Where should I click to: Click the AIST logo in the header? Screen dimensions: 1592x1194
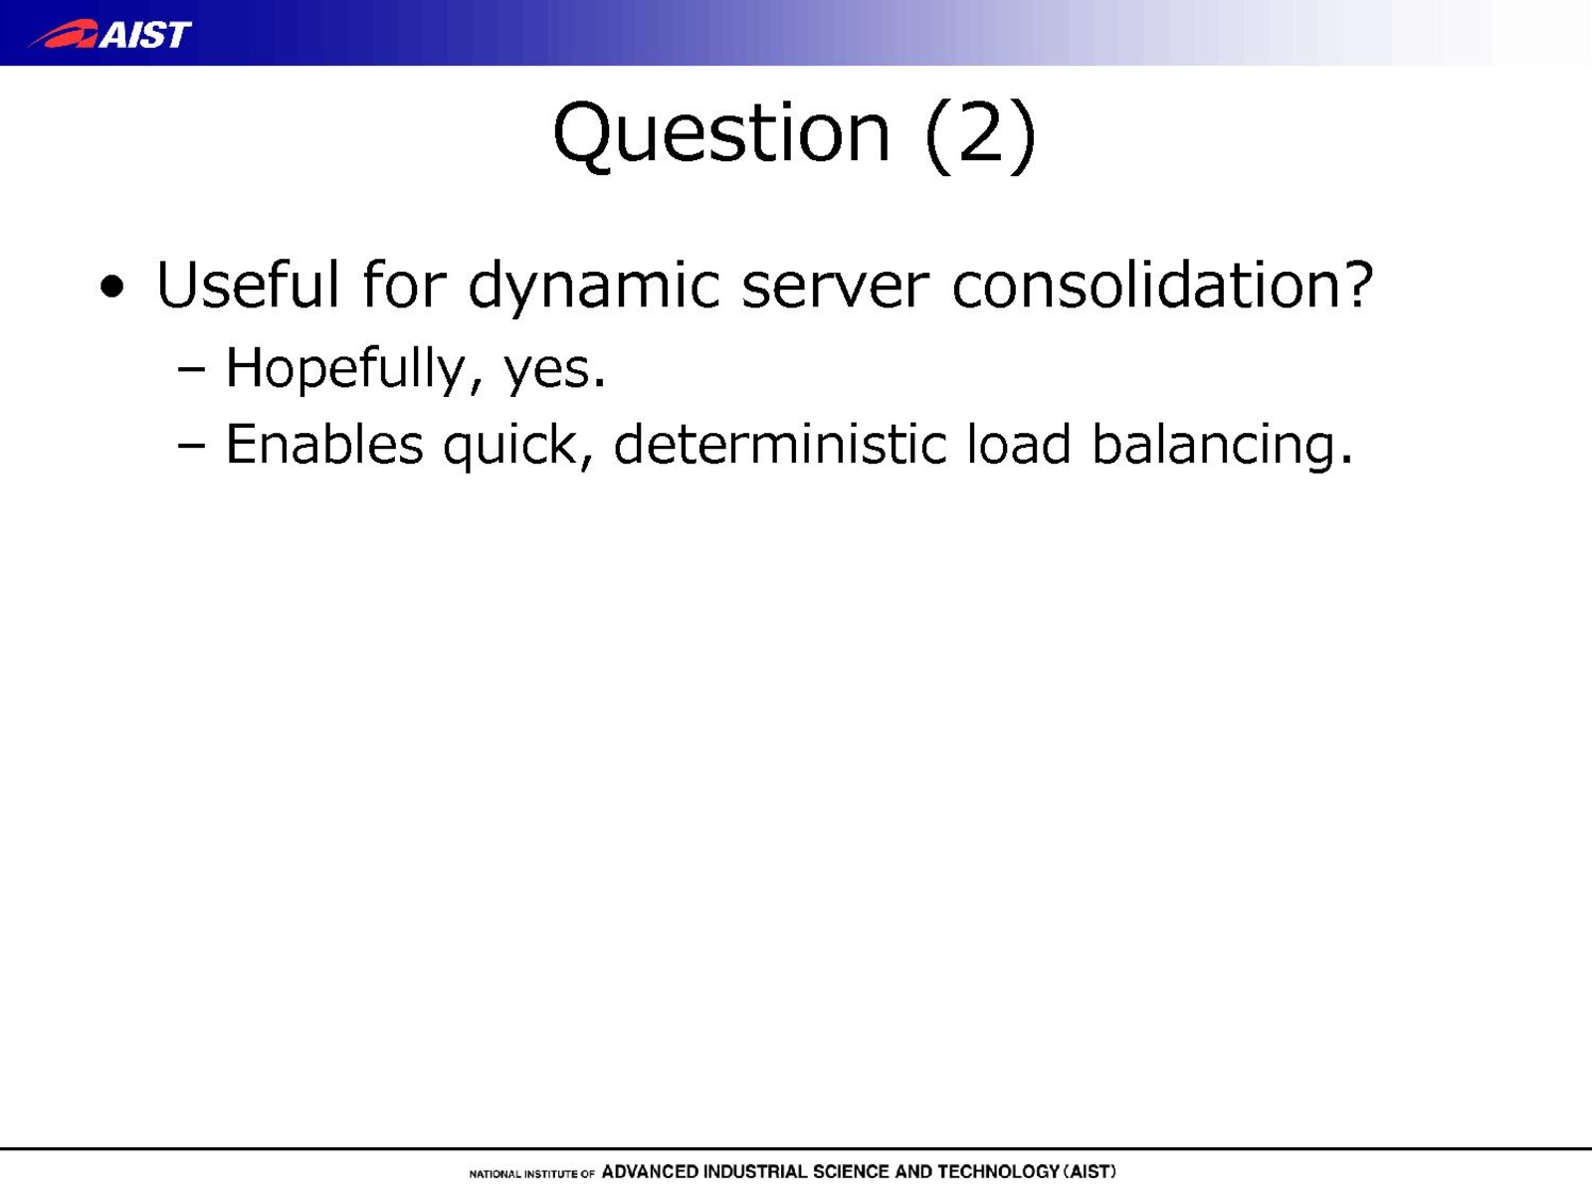[x=109, y=34]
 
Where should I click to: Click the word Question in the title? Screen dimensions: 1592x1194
[x=721, y=135]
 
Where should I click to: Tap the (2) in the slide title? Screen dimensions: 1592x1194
[x=981, y=136]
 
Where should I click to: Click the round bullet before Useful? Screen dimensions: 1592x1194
[x=111, y=288]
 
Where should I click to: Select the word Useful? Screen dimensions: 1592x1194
[x=248, y=285]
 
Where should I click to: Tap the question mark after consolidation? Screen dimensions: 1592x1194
[x=1355, y=285]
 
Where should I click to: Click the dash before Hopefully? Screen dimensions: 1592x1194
[x=191, y=370]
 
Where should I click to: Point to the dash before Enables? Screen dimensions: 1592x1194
[x=191, y=446]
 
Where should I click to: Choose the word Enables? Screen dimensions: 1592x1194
[x=324, y=445]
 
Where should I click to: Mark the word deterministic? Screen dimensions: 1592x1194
[x=780, y=444]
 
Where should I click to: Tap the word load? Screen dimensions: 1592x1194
[x=1019, y=444]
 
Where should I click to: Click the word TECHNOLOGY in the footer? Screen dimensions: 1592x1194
[x=999, y=1172]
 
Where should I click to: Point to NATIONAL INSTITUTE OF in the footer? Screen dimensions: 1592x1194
[x=531, y=1174]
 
